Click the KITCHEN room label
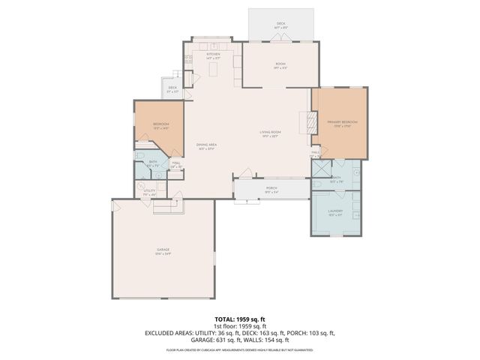213,55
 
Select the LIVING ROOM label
270,133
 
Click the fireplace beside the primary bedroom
305,122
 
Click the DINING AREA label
207,145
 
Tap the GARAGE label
163,252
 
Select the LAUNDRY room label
335,211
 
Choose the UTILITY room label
149,191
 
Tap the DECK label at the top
280,24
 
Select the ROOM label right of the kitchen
280,64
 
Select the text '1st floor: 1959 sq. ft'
240,326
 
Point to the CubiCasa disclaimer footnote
240,349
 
